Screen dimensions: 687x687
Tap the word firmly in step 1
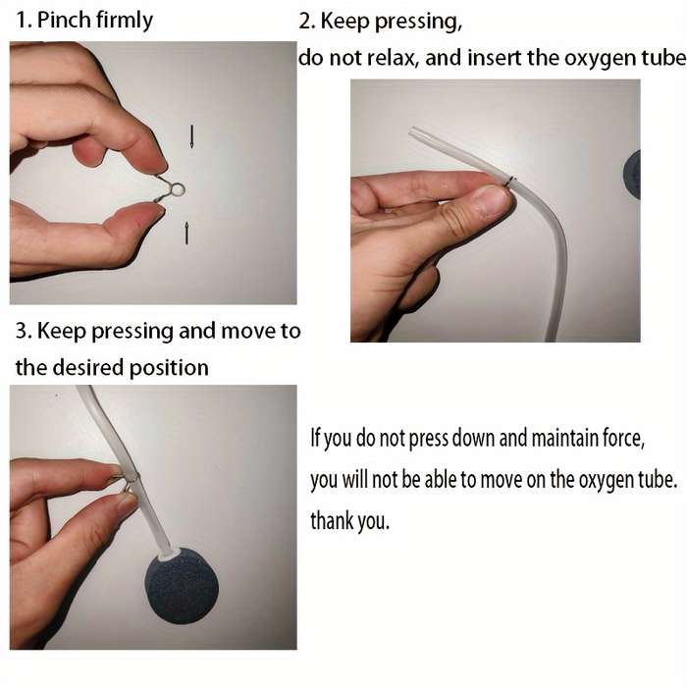click(x=124, y=21)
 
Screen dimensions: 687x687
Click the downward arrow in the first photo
click(x=191, y=136)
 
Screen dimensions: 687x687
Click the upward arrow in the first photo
click(x=186, y=233)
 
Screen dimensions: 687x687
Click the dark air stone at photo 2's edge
click(x=632, y=175)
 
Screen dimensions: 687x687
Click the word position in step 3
click(x=169, y=368)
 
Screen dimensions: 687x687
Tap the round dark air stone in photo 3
click(x=181, y=585)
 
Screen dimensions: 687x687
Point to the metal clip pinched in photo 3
click(x=126, y=480)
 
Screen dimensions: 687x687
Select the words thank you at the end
click(x=349, y=521)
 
